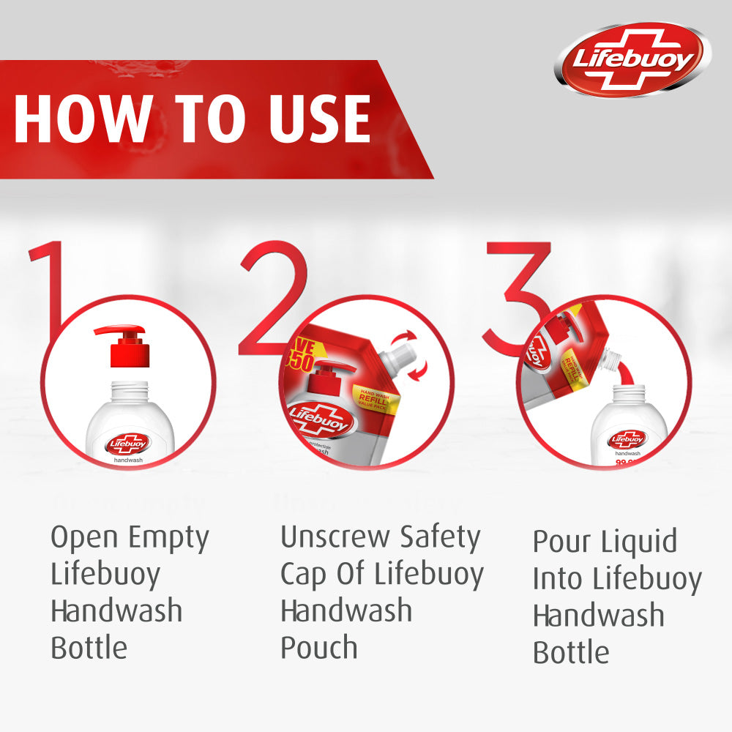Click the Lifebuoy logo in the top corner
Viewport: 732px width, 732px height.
[x=632, y=59]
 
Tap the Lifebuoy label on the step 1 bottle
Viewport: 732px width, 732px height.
[x=128, y=444]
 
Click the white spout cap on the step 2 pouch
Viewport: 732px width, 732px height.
[x=400, y=358]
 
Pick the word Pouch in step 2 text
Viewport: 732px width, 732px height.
[x=319, y=648]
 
